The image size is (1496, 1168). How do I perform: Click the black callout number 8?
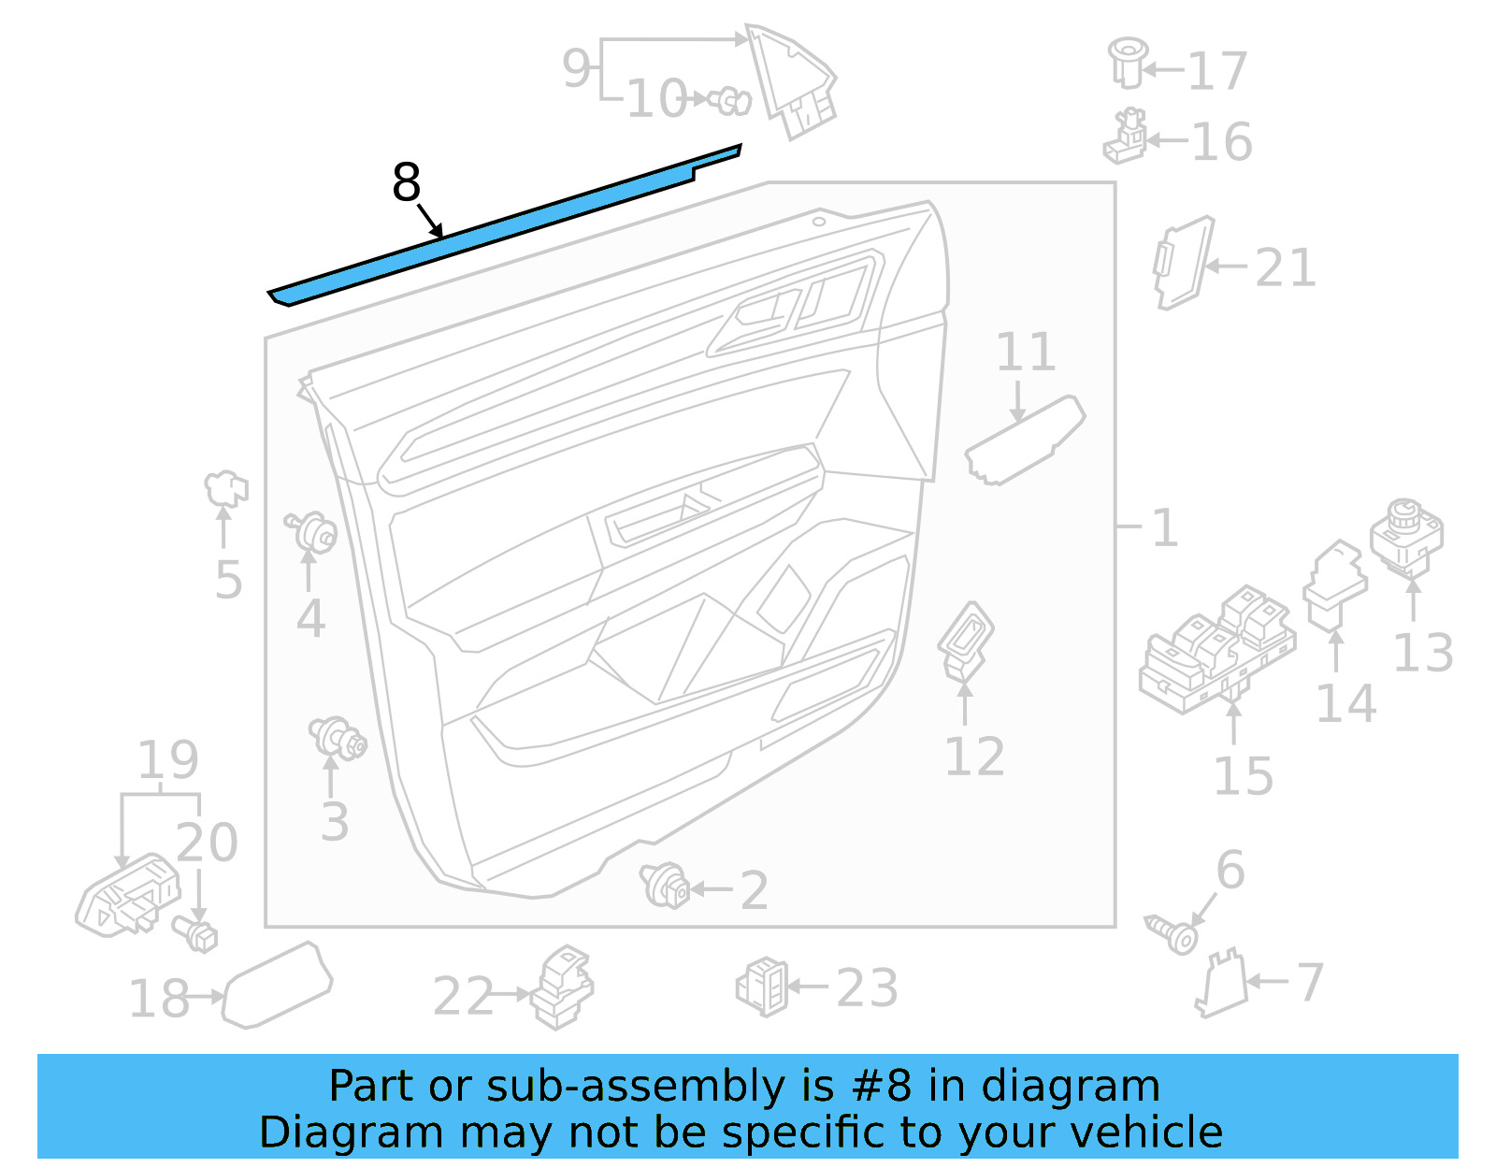406,182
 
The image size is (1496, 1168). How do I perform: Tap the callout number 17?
1217,71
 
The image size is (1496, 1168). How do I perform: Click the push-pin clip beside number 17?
1127,62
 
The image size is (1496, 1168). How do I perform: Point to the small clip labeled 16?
1127,137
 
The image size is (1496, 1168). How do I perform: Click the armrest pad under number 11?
1024,440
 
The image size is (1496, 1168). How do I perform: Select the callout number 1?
1164,528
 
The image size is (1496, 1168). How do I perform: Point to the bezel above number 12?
966,641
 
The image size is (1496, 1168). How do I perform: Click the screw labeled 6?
1172,932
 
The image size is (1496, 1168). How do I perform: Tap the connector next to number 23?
763,987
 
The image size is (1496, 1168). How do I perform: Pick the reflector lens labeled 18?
278,986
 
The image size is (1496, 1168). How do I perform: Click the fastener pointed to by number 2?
665,885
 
